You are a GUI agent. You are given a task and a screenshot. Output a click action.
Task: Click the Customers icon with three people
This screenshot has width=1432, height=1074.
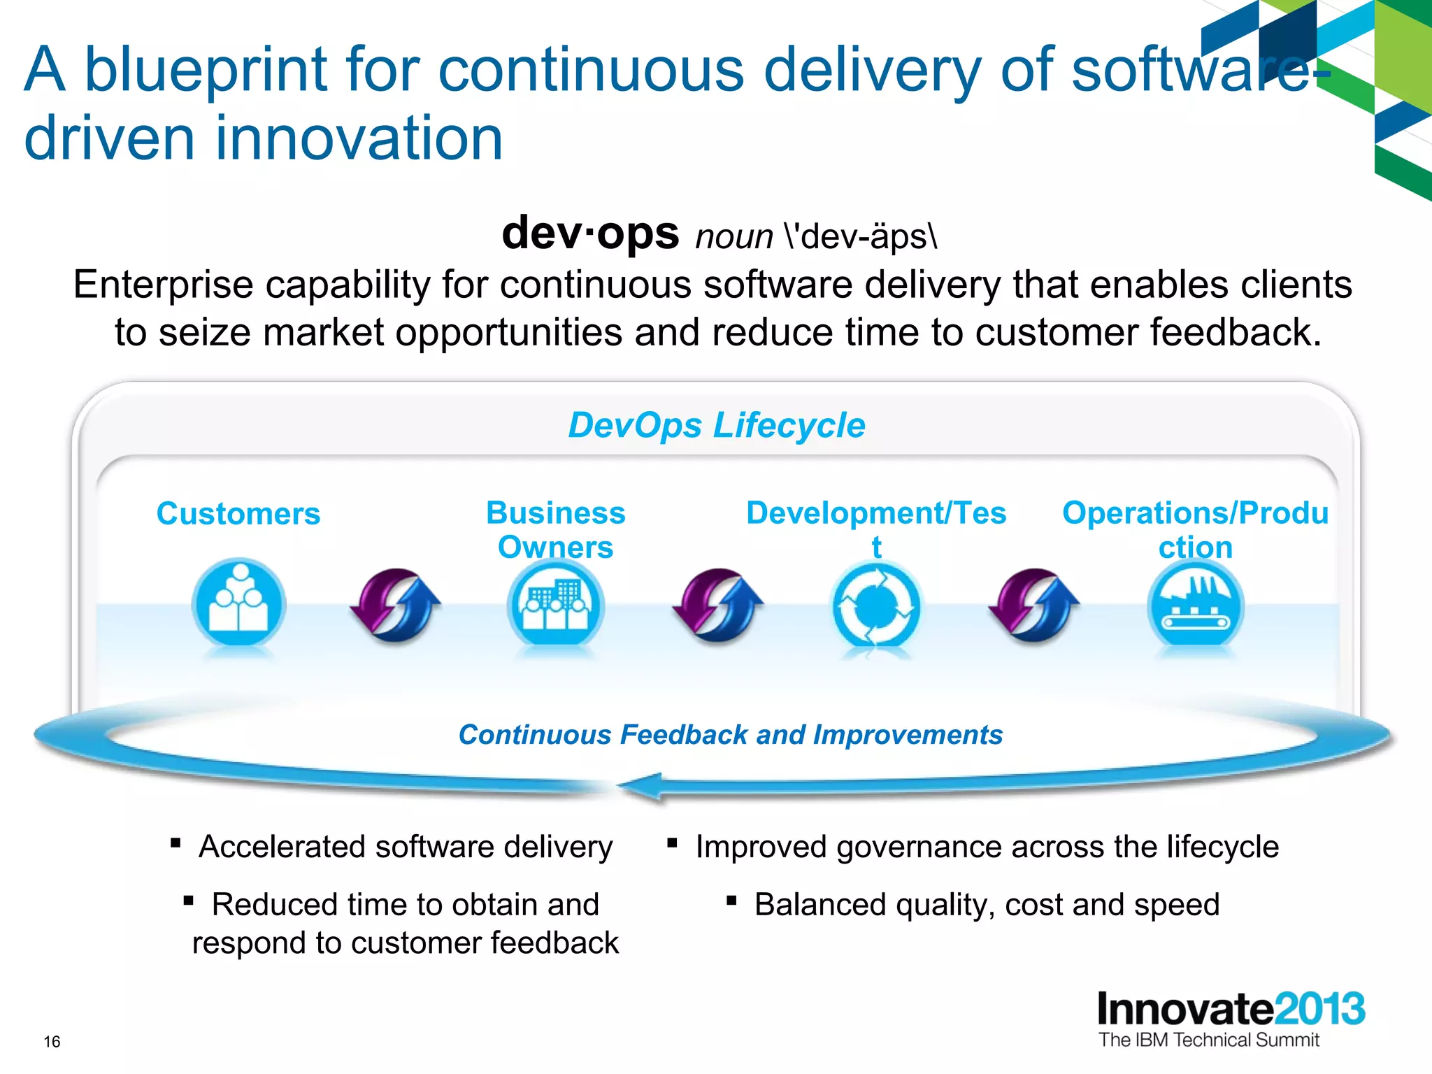tap(238, 605)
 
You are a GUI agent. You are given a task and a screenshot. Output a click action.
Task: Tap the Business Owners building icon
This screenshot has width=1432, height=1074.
tap(556, 606)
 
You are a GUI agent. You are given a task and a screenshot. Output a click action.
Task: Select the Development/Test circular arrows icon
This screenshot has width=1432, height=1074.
tap(876, 606)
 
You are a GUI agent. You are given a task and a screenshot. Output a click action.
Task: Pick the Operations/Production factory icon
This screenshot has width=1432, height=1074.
tap(1196, 606)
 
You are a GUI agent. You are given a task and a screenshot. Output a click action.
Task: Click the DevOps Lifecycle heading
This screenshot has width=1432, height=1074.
tap(716, 425)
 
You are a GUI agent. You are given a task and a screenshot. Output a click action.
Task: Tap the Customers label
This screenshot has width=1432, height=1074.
tap(238, 514)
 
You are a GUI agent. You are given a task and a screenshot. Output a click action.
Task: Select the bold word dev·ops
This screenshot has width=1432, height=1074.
tap(590, 233)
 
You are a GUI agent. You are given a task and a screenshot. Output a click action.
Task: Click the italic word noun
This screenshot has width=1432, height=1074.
tap(733, 237)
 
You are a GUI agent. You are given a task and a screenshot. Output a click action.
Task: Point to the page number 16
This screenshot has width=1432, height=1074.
tap(52, 1042)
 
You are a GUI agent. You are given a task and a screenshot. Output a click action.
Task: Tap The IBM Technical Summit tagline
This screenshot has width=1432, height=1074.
tap(1208, 1040)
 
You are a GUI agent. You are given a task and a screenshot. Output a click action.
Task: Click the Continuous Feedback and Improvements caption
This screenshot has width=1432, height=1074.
tap(730, 735)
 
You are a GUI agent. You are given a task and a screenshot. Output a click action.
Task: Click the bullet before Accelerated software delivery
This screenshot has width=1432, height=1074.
tap(176, 843)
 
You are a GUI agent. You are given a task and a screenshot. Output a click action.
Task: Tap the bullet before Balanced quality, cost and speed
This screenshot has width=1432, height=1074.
tap(731, 901)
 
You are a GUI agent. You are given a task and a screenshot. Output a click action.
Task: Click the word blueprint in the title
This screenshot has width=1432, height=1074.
tap(206, 70)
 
